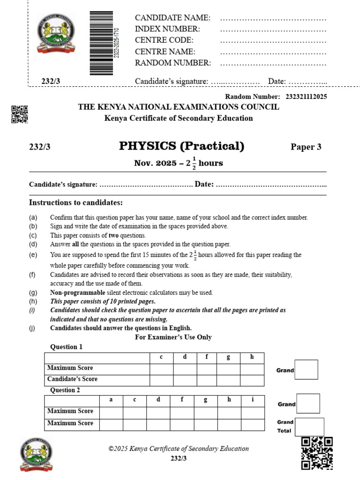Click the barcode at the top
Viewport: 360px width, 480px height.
pos(101,43)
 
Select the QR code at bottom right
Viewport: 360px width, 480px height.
pos(317,453)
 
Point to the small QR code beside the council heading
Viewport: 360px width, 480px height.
pos(20,114)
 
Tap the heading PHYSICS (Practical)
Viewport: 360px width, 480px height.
pos(182,146)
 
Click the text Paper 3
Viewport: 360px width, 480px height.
pos(306,147)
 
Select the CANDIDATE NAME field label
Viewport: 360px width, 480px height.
pos(172,18)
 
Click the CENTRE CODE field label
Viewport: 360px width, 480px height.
pos(164,40)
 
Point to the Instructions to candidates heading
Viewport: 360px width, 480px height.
pos(76,202)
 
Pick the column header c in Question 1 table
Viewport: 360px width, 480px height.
pos(161,357)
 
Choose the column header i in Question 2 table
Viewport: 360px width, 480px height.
pos(253,400)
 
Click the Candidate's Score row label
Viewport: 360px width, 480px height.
pos(72,379)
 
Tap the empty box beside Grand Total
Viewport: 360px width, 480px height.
pos(309,427)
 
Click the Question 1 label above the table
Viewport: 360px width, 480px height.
pos(66,347)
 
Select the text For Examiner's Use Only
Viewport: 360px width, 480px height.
pos(173,337)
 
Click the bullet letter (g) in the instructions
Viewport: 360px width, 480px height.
pos(33,292)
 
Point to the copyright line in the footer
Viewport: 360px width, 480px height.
pos(179,449)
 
